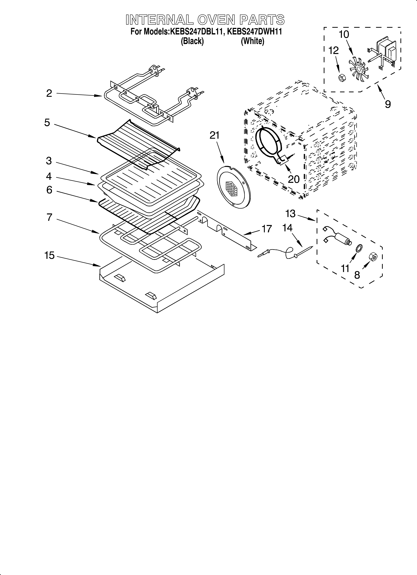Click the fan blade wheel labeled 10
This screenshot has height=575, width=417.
359,68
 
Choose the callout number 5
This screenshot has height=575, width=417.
47,123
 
